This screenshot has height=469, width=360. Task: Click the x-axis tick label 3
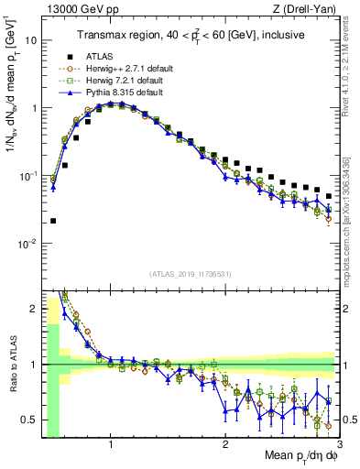(x=339, y=446)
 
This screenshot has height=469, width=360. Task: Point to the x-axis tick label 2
(x=225, y=446)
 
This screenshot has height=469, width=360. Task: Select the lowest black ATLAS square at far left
(x=53, y=221)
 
